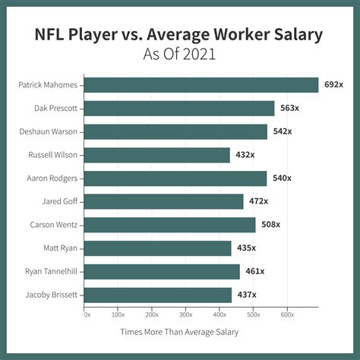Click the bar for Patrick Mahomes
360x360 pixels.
(201, 85)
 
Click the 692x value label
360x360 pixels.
(335, 85)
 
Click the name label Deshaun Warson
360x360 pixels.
(47, 131)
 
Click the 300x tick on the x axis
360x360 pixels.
(185, 314)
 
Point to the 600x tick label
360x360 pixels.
(286, 314)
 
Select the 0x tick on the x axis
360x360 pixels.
(87, 314)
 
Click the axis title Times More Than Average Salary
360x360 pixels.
(179, 331)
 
